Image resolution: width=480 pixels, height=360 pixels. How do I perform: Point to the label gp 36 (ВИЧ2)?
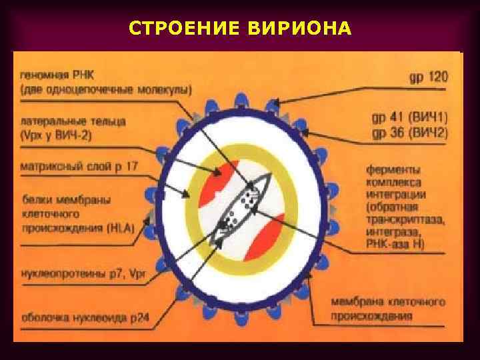(x=409, y=133)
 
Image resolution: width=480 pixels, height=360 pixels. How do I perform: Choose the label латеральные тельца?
(x=73, y=122)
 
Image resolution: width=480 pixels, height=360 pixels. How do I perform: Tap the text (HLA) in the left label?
(x=119, y=227)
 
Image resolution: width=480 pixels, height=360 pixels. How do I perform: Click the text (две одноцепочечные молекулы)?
(x=105, y=89)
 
